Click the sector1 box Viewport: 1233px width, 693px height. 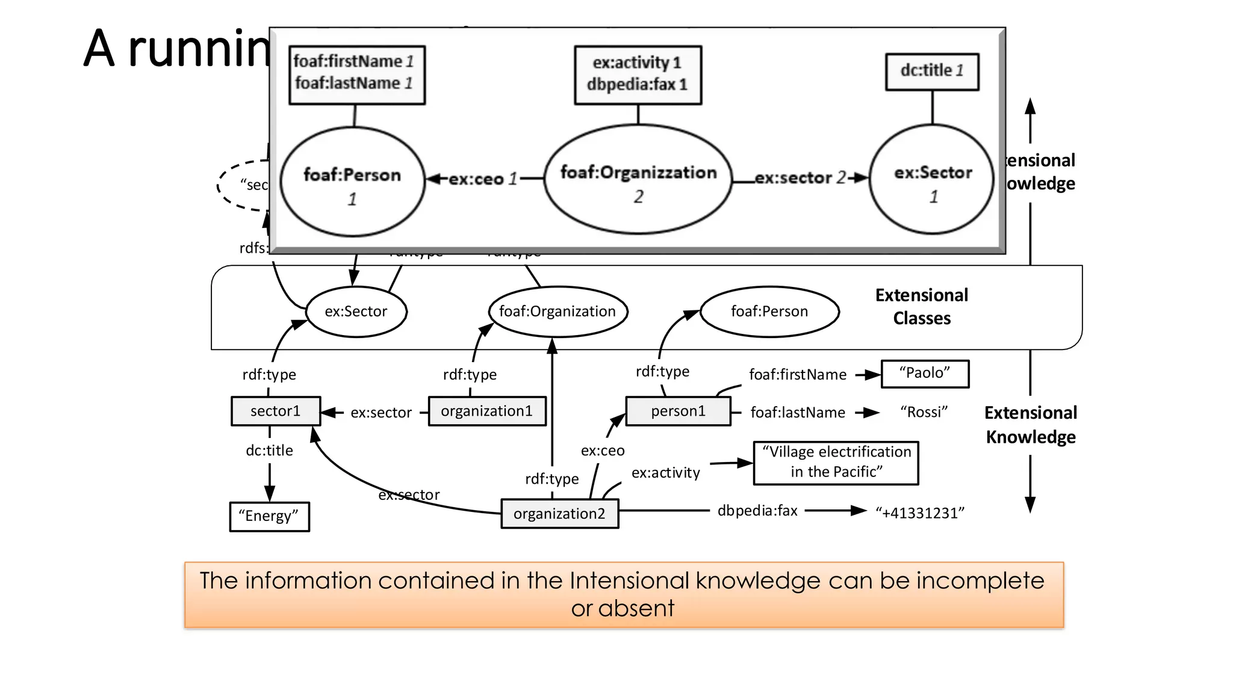tap(276, 411)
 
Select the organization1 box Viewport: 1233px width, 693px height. tap(486, 411)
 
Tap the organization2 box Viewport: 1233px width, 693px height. tap(559, 514)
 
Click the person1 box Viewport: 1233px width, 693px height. tap(678, 411)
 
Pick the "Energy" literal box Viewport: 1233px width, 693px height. tap(269, 516)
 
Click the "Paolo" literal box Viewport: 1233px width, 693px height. tap(925, 374)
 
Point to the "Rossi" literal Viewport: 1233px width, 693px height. tap(924, 412)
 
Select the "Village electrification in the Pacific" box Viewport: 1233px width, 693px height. tap(836, 462)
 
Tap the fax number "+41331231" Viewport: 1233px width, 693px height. tap(919, 513)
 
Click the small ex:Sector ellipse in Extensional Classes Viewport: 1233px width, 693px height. tap(356, 312)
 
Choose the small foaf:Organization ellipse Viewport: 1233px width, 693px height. tap(557, 312)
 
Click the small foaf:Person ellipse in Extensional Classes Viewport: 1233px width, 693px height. tap(769, 312)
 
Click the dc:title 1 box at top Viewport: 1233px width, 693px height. tap(931, 72)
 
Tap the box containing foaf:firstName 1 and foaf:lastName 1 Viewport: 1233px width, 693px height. tap(356, 75)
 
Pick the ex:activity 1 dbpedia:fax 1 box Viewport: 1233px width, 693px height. tap(638, 75)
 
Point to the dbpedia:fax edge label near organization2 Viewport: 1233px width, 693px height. tap(757, 511)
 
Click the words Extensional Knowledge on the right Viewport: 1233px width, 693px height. tap(1030, 425)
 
